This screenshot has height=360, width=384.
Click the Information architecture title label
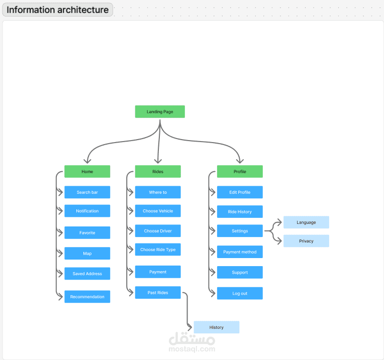[x=57, y=10]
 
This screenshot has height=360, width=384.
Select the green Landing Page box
[x=160, y=111]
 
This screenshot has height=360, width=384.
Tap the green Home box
[x=87, y=171]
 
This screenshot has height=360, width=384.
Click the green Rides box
[x=158, y=171]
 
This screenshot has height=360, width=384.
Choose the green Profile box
[x=240, y=171]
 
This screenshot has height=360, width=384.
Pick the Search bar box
[x=87, y=192]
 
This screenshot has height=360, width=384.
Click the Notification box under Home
[x=87, y=211]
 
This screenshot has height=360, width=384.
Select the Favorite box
[x=87, y=232]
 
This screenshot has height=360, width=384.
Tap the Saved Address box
[x=87, y=274]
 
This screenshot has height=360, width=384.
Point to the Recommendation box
[x=87, y=297]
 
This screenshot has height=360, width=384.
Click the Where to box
[x=158, y=192]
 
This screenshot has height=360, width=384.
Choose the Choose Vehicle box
[x=158, y=211]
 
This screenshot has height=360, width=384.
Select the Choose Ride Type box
[x=158, y=250]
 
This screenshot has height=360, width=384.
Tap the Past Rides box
[x=158, y=293]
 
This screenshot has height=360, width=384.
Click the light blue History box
[x=216, y=327]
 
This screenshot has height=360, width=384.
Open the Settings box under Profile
[x=240, y=231]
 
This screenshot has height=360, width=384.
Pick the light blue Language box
[x=306, y=222]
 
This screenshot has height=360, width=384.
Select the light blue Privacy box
[x=306, y=241]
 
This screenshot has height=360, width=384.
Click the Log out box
[x=240, y=293]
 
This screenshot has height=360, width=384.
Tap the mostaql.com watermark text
[x=192, y=349]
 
